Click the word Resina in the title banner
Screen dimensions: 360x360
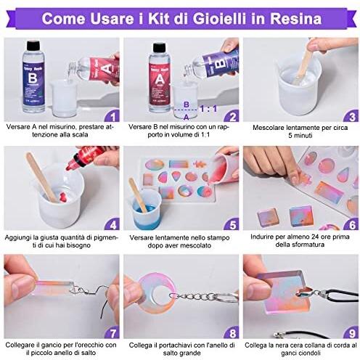(295, 18)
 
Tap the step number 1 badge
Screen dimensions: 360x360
(112, 116)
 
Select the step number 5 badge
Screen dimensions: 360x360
(232, 224)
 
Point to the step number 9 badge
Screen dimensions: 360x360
(352, 333)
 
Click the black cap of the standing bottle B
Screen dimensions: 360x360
(33, 45)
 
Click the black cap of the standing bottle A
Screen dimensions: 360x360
(159, 47)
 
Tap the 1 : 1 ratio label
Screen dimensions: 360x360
(208, 109)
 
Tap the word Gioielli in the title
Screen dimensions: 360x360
(220, 18)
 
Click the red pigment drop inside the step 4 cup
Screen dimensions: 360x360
(63, 197)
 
